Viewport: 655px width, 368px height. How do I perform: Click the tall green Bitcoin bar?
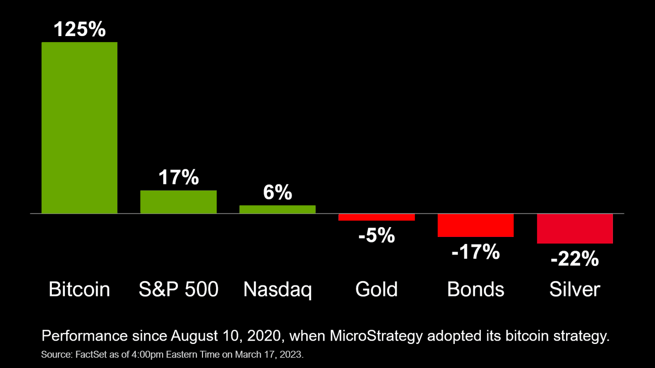80,127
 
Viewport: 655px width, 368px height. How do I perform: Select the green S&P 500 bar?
178,201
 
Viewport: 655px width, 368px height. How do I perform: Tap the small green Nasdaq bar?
277,209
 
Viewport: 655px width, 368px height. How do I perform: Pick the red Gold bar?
377,217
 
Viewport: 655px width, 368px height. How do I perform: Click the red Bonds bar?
475,225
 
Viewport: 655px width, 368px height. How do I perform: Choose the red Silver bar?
575,228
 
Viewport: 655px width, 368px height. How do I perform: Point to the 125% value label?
80,29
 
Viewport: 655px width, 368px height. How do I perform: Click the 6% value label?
277,193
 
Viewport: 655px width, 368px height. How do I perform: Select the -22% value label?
575,258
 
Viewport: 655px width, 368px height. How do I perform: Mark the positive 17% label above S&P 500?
178,177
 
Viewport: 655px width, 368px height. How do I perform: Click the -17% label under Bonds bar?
475,252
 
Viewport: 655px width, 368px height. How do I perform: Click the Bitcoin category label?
80,289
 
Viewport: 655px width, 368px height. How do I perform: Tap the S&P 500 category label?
178,289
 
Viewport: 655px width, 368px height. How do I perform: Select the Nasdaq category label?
277,289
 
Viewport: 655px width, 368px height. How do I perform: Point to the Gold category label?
377,289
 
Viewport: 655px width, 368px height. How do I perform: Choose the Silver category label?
575,289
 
